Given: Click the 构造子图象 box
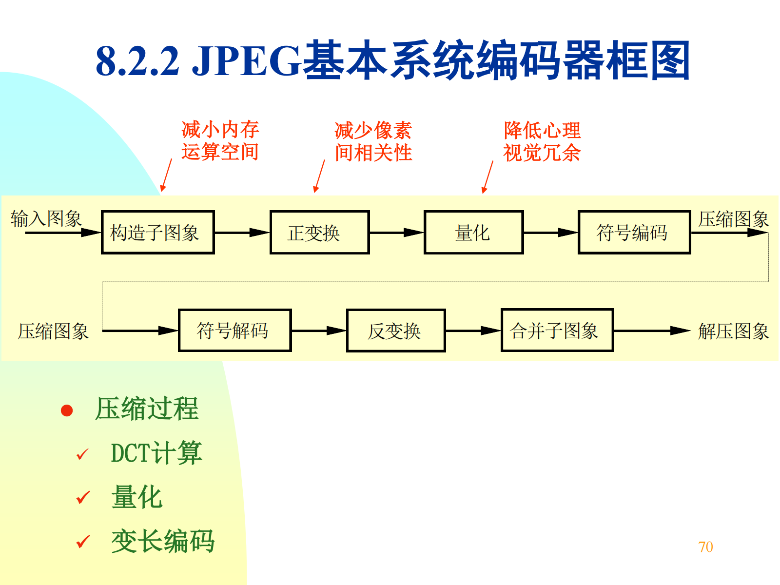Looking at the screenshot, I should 157,233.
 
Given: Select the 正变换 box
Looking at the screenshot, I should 319,233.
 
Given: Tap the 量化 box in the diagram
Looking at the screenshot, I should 473,233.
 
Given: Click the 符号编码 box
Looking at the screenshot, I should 634,233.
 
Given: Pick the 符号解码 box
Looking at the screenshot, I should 234,331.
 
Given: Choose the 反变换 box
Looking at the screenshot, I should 395,331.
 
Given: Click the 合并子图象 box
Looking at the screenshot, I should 557,331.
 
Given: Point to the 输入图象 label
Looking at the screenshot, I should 46,218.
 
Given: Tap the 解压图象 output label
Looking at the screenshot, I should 733,331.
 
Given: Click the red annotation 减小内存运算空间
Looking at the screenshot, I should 220,141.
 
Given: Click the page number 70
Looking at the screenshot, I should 705,547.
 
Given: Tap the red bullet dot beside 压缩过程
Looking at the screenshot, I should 67,410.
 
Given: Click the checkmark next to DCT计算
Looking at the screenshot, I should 82,454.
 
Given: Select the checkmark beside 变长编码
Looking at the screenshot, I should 83,542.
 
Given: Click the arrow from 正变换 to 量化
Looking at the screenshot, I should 396,233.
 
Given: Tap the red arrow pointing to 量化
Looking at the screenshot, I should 487,177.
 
